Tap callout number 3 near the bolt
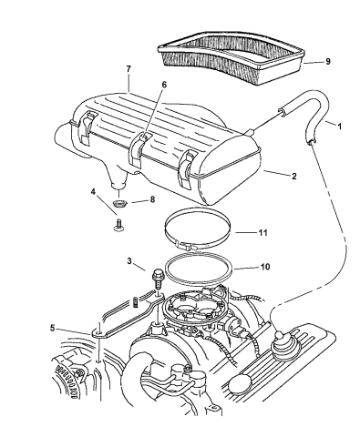tap(131, 262)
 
